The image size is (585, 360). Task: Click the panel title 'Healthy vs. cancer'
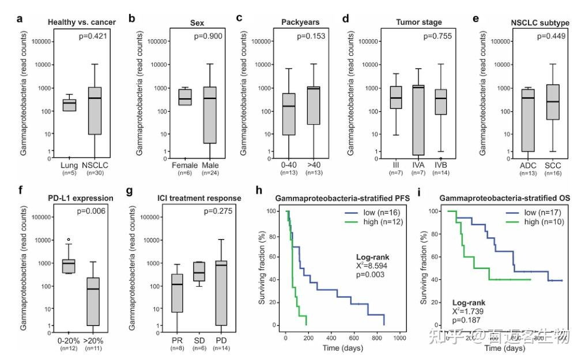pyautogui.click(x=82, y=22)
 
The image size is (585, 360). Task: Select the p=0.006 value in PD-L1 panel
pyautogui.click(x=93, y=211)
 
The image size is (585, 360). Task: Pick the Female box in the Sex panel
pyautogui.click(x=185, y=97)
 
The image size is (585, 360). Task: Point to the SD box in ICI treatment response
pyautogui.click(x=199, y=271)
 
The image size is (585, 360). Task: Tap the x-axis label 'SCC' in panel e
pyautogui.click(x=553, y=166)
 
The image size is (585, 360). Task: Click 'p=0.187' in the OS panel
pyautogui.click(x=466, y=320)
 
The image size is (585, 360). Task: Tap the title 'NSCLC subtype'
pyautogui.click(x=540, y=22)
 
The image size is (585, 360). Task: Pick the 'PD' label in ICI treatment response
pyautogui.click(x=221, y=339)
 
